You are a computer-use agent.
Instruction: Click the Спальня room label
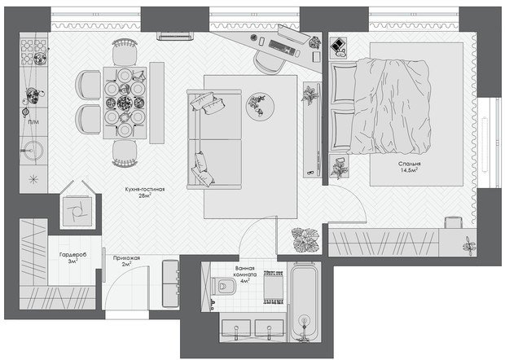tap(409, 164)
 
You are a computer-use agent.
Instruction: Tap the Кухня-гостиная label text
tap(145, 189)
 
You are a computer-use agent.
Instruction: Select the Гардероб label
tap(73, 255)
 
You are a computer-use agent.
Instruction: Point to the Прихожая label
tap(126, 258)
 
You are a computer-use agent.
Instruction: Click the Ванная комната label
tap(245, 271)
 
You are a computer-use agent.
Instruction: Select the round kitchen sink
tap(33, 151)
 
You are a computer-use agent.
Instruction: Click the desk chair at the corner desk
tap(269, 64)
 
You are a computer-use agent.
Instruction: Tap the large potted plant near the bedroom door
tap(305, 239)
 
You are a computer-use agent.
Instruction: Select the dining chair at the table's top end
tap(125, 51)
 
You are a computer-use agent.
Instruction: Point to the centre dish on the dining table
tap(125, 103)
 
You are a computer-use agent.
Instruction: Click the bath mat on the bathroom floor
tap(274, 288)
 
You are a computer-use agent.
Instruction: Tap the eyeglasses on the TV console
tap(310, 173)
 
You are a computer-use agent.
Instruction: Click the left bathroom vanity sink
tap(236, 329)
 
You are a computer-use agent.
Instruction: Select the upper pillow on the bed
tap(344, 83)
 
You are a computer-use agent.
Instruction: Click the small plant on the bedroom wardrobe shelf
tap(468, 245)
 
